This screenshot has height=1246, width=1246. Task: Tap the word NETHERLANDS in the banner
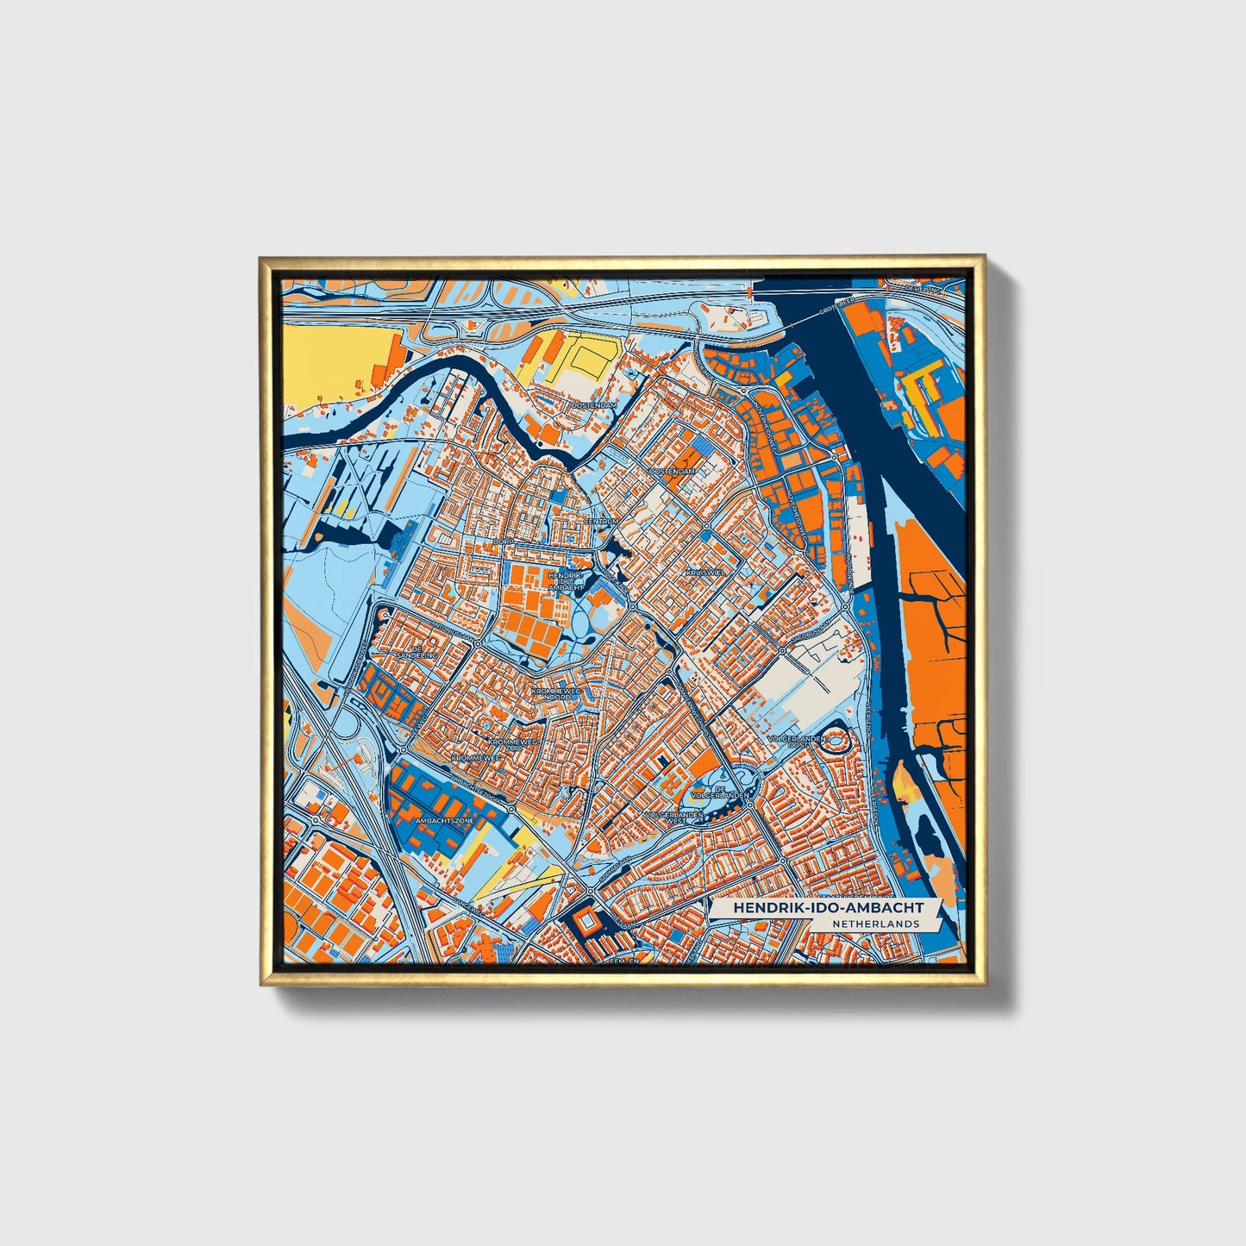[x=875, y=924]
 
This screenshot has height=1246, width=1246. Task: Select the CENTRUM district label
[x=601, y=522]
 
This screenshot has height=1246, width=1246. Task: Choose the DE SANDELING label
[x=425, y=652]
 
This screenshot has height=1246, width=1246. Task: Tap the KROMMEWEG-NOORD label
[x=557, y=694]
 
